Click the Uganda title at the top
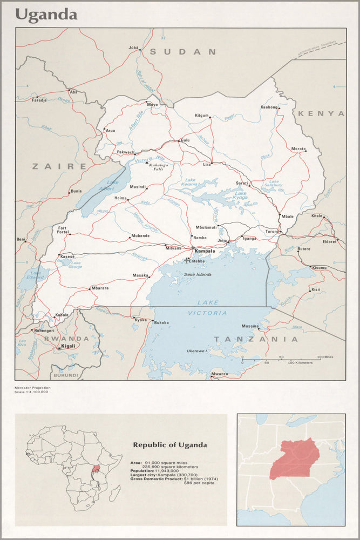pos(46,14)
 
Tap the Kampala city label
pos(205,251)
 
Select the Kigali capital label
pos(69,345)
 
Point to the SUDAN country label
pos(183,52)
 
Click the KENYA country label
pos(321,113)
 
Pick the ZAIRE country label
pos(59,166)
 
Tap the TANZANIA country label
pos(256,339)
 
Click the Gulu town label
pos(186,140)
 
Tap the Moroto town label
pos(298,148)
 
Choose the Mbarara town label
pos(99,288)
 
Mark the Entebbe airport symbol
pos(187,260)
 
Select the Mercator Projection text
pos(33,387)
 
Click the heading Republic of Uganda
pos(170,445)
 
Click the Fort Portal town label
pos(63,230)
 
